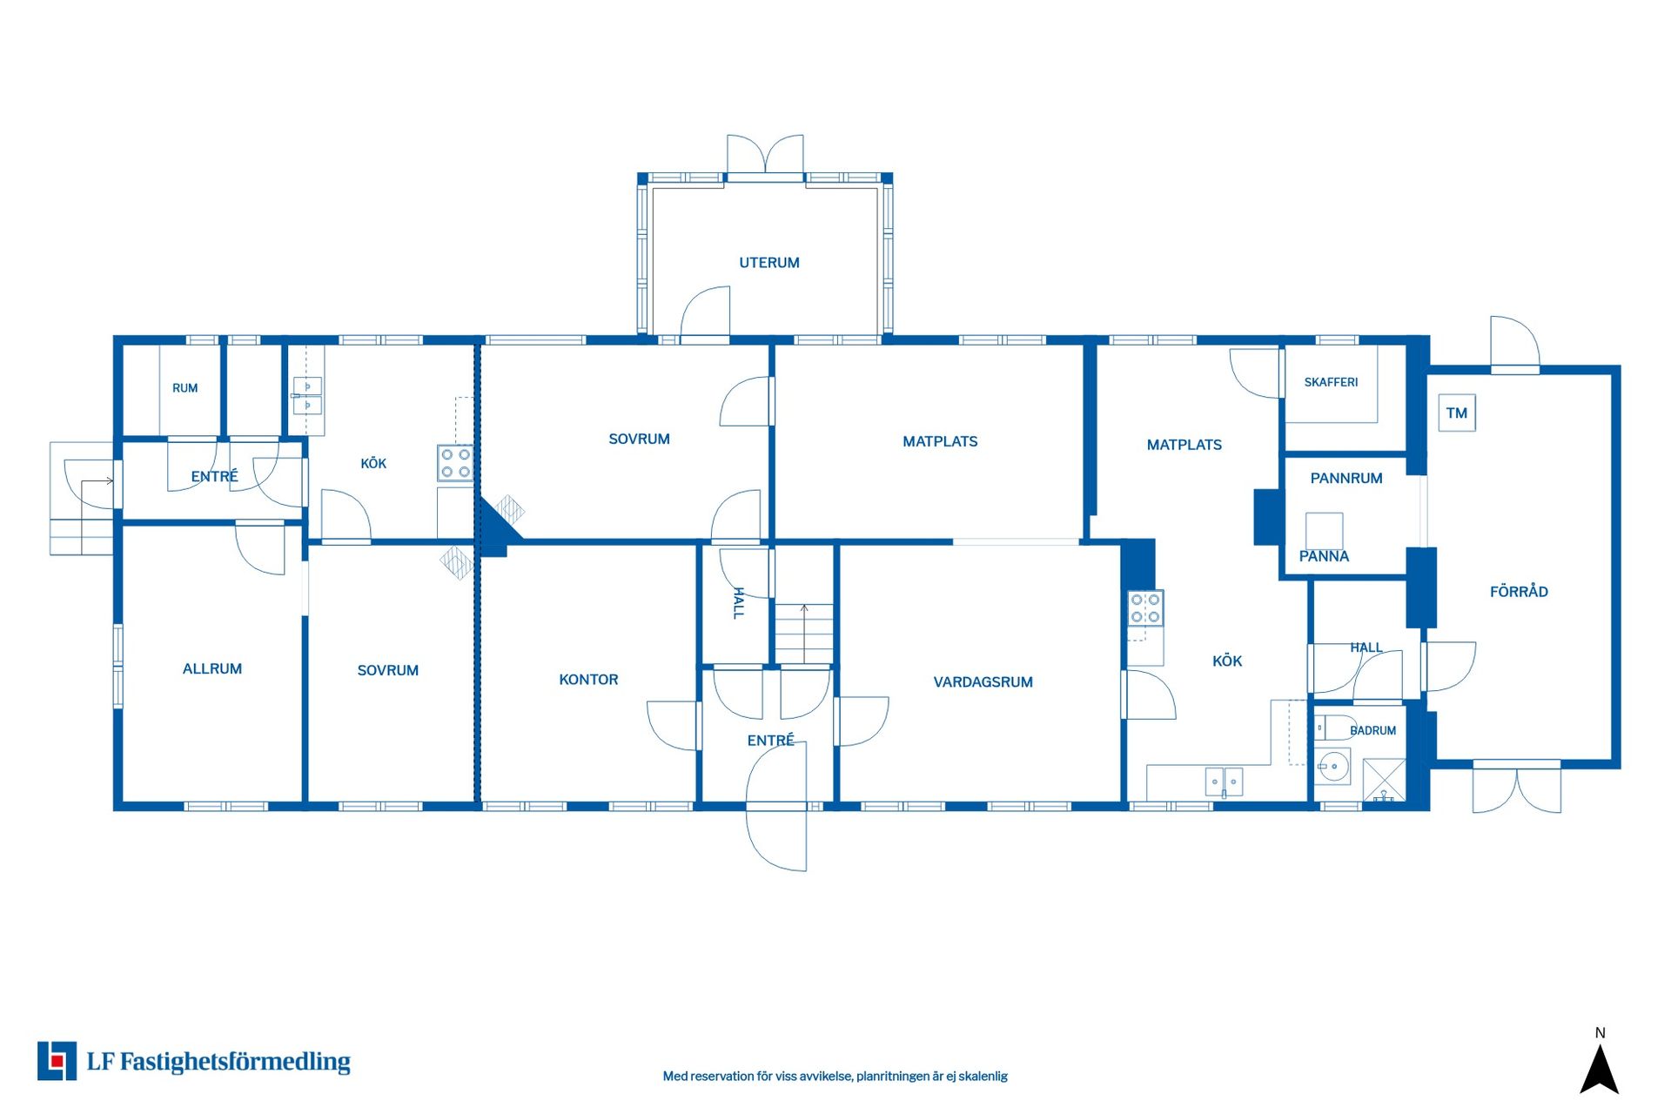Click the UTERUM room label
(x=769, y=263)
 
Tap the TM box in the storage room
(x=1457, y=413)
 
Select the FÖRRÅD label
(x=1519, y=592)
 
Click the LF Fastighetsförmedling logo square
(x=57, y=1061)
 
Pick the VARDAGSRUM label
(x=983, y=682)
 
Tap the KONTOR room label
(x=588, y=680)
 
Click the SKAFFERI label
(x=1331, y=382)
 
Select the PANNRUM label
(x=1346, y=478)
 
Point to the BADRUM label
(x=1372, y=730)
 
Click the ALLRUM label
(x=212, y=669)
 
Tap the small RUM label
(x=185, y=388)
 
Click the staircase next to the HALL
(x=804, y=634)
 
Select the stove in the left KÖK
(x=455, y=463)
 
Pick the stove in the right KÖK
(x=1145, y=607)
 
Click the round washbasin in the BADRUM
(x=1332, y=767)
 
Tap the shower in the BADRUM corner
(x=1384, y=781)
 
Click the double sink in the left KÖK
(x=307, y=396)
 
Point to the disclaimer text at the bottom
(x=835, y=1077)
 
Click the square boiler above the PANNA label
(x=1324, y=531)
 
